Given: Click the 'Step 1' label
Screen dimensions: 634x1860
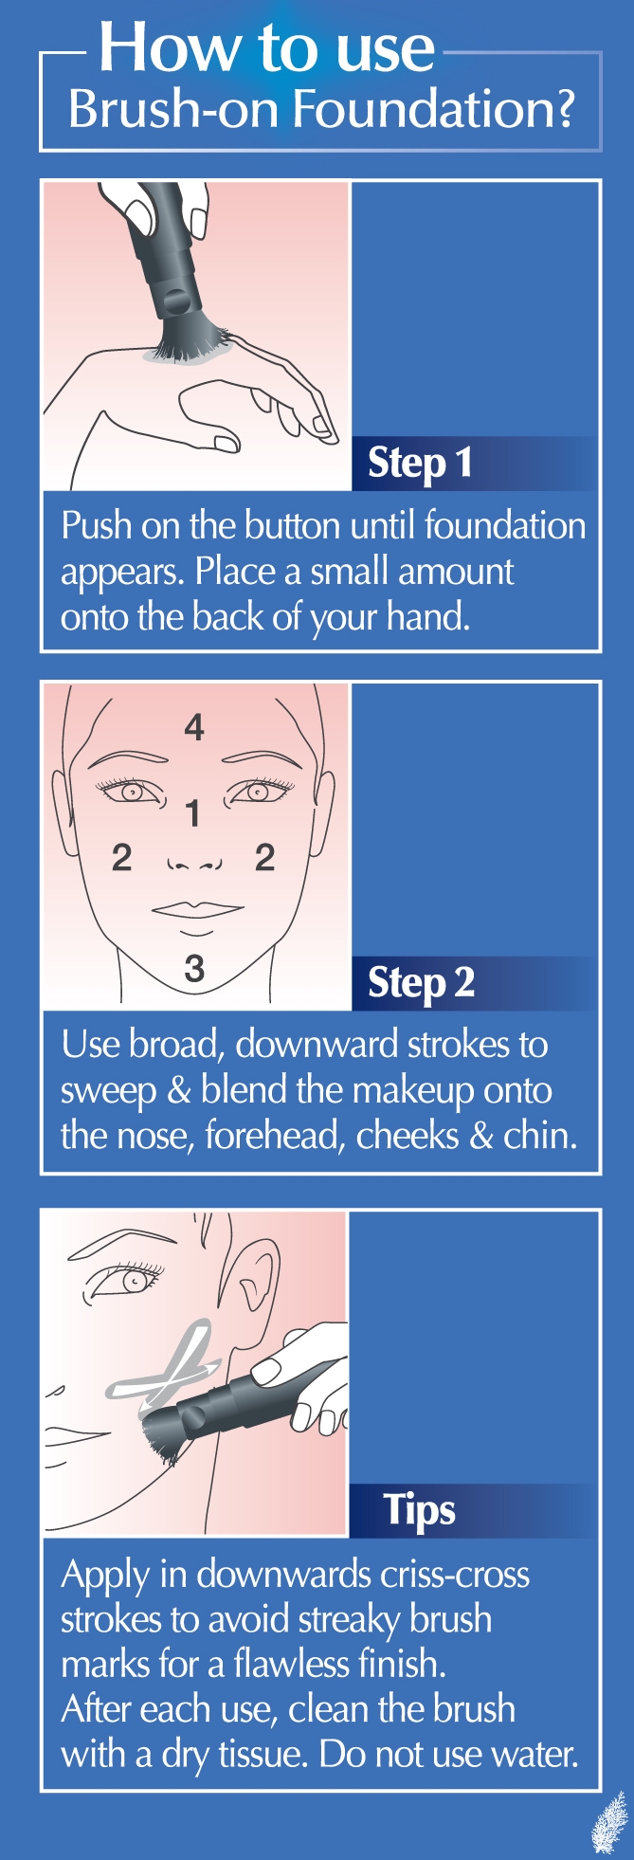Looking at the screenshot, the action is pyautogui.click(x=420, y=464).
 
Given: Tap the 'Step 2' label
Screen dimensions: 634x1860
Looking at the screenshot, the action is pyautogui.click(x=421, y=983).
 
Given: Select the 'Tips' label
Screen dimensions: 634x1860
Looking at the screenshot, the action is pyautogui.click(x=419, y=1509).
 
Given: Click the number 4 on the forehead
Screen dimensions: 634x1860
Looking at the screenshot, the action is pyautogui.click(x=194, y=727).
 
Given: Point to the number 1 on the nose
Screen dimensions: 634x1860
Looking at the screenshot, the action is pyautogui.click(x=193, y=813).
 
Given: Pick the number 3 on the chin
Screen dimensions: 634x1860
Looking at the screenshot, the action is pyautogui.click(x=194, y=968).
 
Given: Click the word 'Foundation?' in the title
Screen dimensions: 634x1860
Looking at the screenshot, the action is pyautogui.click(x=434, y=109).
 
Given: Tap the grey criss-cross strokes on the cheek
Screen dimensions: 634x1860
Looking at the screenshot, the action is pyautogui.click(x=164, y=1359).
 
